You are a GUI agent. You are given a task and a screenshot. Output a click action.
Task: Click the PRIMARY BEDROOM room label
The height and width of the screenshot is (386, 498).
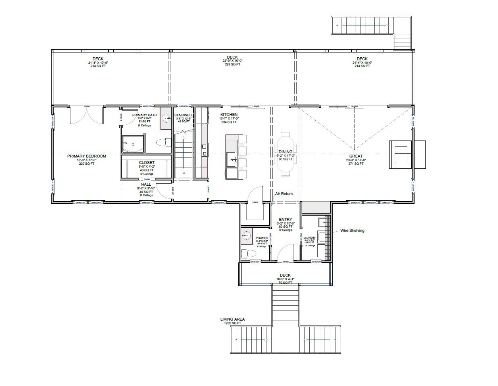coord(86,156)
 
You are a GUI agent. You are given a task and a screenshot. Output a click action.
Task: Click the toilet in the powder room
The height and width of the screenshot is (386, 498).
coord(247,254)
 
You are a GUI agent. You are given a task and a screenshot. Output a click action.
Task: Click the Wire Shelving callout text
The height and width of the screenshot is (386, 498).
coord(352,231)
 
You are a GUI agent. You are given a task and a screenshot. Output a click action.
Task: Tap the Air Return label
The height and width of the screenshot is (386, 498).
coord(284,194)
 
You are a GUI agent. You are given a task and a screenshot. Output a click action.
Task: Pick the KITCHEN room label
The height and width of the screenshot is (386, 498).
coord(229,115)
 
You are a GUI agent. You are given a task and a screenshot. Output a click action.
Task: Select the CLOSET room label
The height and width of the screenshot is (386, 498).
coord(147,163)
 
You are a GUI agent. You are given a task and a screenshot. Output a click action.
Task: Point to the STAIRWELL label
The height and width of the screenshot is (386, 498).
coord(183,115)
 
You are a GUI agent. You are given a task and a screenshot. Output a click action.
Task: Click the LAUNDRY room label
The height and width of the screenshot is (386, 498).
coord(310,238)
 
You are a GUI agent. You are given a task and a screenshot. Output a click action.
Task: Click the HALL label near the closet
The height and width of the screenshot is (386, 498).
coord(146,185)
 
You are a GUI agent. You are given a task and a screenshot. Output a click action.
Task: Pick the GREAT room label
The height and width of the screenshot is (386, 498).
coord(356,156)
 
